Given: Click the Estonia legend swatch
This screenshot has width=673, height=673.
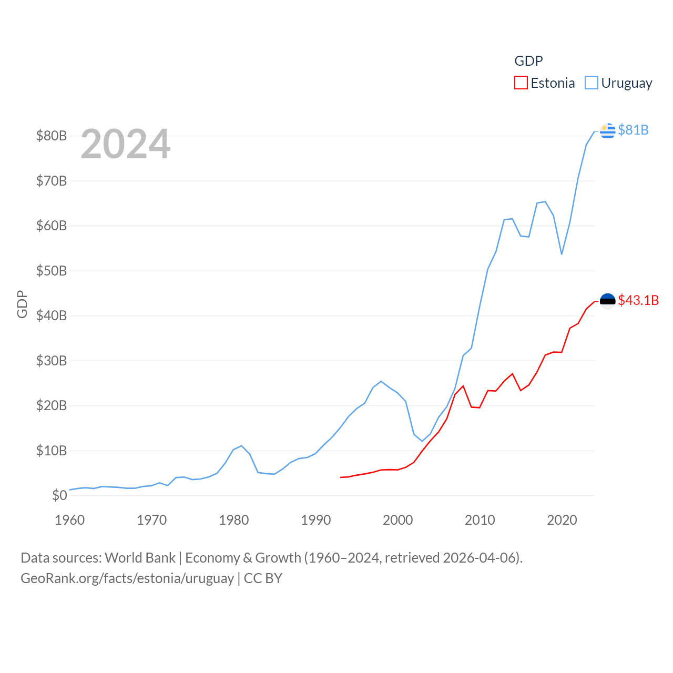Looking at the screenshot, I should coord(521,83).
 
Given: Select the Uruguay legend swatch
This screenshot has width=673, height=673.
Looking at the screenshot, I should coord(592,83).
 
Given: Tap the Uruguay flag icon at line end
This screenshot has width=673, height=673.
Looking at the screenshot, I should coord(607,130).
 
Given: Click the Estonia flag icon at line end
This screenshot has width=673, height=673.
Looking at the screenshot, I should coord(607,301).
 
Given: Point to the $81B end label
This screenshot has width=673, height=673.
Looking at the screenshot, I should coord(633,130).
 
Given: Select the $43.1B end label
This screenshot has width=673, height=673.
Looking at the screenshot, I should coord(638,300).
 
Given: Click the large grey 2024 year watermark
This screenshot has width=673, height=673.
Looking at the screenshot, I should coord(126,144).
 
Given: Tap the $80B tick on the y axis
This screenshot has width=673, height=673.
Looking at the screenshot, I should coord(52,136).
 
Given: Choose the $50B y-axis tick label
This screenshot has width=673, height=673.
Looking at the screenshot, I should coord(52,271).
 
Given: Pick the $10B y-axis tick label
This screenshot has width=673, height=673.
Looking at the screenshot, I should coord(52,451).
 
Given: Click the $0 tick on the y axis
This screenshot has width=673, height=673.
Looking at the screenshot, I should coord(59,495).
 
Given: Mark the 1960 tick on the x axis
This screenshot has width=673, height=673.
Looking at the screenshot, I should coord(70,520).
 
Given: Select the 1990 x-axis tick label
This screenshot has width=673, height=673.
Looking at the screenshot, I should coord(316,520).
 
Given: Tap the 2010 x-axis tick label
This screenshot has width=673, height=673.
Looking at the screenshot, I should coord(480,520).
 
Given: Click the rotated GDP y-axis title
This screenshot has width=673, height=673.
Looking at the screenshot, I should coord(22,304).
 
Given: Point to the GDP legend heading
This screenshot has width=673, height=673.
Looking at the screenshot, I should coord(528,61).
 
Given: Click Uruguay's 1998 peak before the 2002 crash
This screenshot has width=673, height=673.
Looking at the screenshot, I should coord(381,381).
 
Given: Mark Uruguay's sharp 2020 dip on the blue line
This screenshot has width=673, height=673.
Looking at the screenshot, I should coord(562,254).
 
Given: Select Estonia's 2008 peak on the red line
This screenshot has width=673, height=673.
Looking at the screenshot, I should coord(463,386).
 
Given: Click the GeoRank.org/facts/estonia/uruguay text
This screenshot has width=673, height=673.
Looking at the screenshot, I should coord(127,578).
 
